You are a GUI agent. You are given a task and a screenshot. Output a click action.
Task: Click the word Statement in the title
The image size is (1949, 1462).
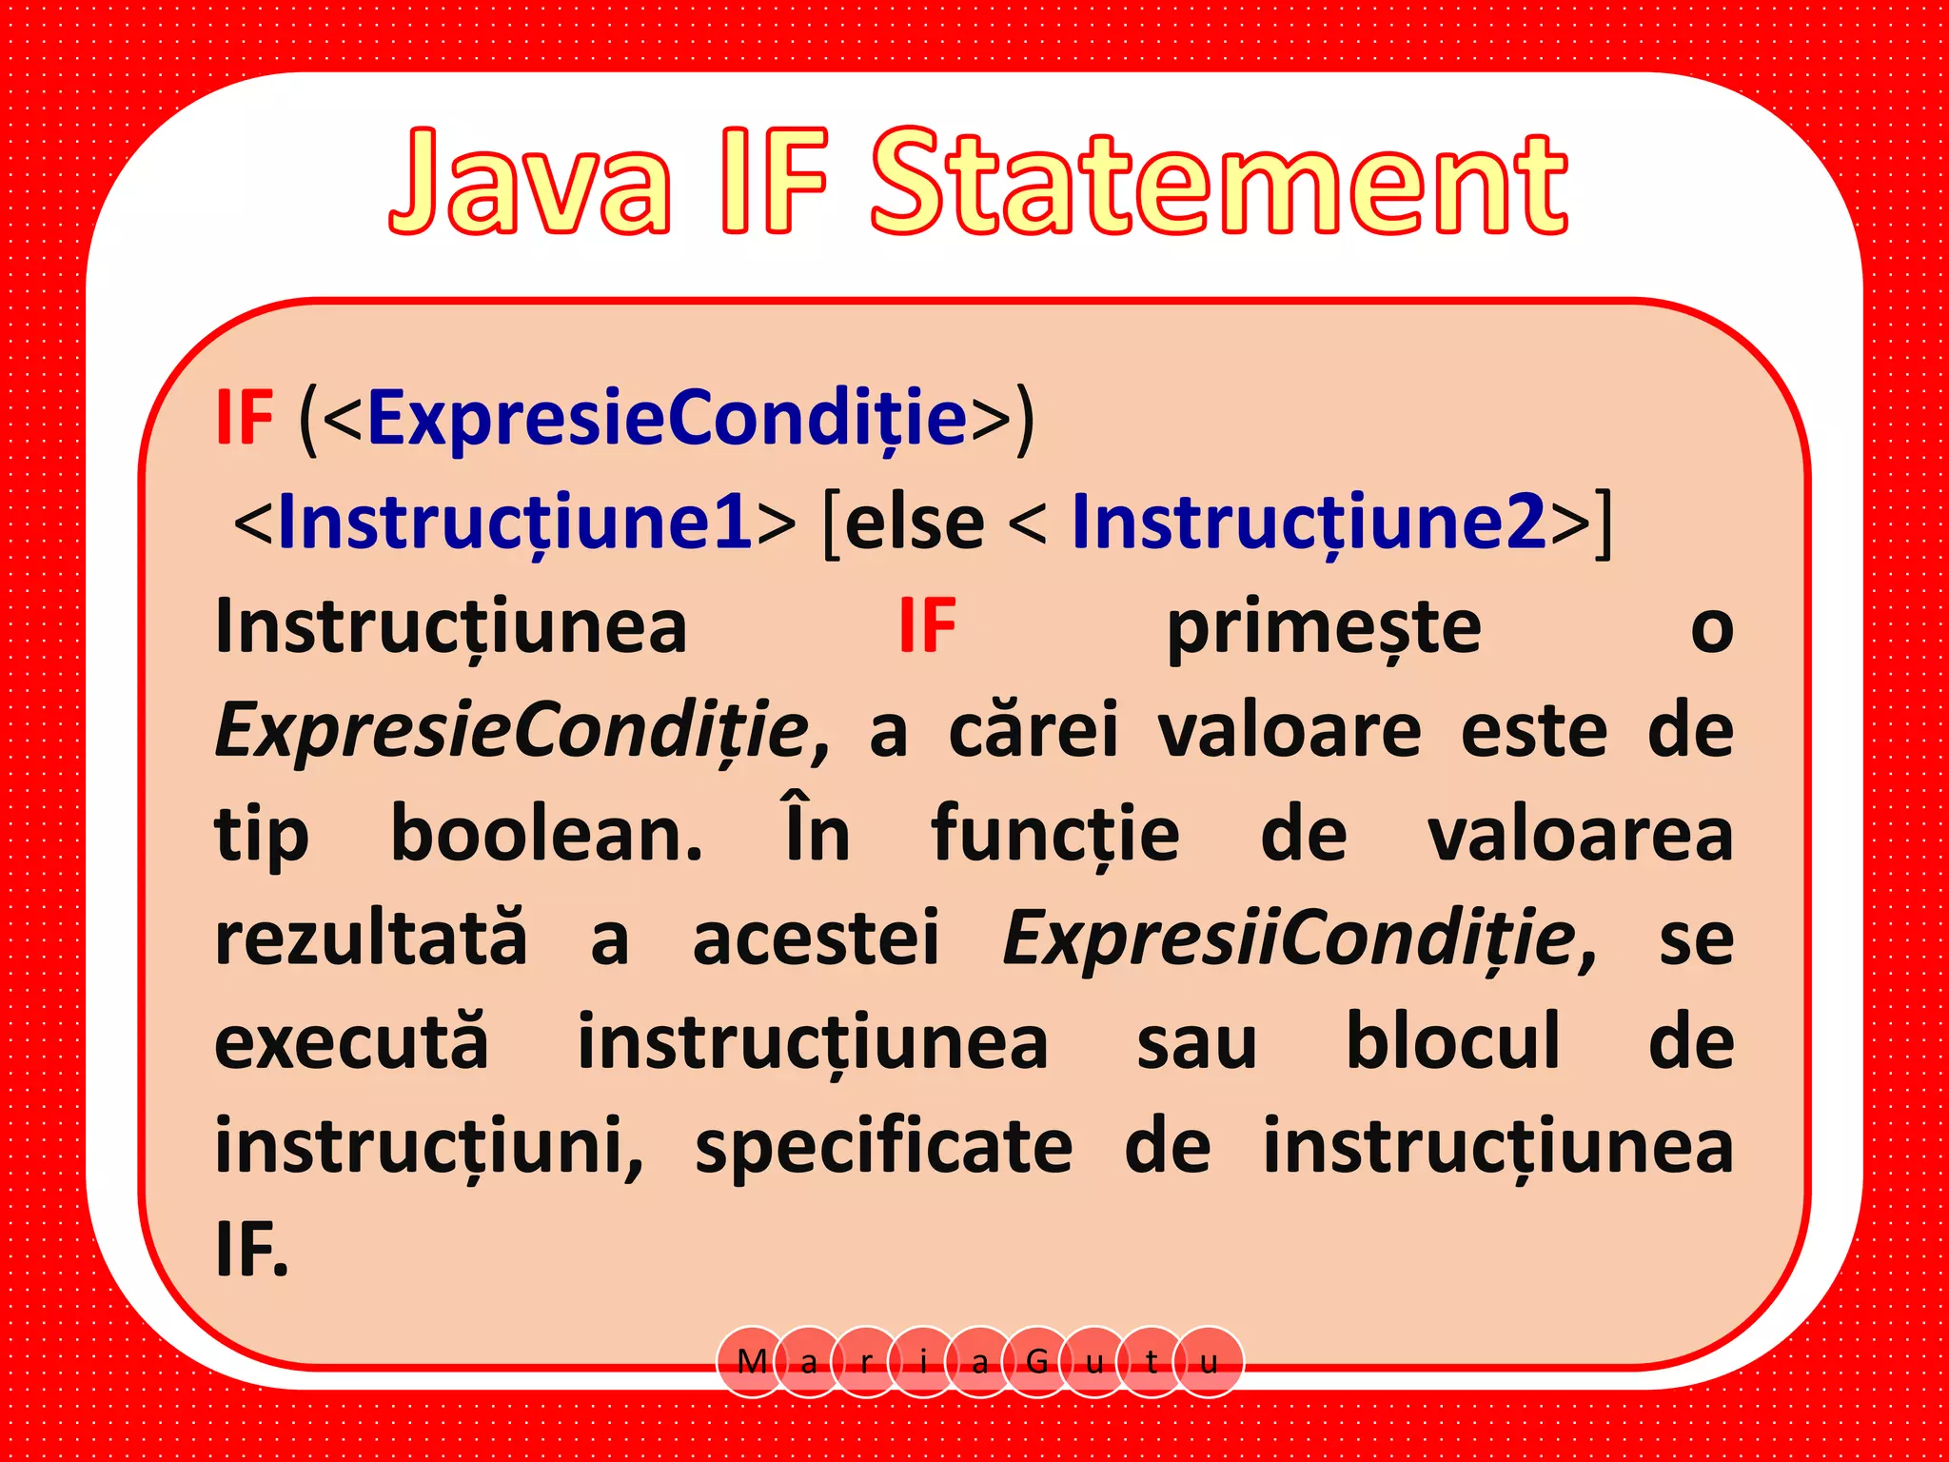click(1219, 183)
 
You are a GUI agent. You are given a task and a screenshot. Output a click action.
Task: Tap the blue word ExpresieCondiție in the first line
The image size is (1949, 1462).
click(667, 418)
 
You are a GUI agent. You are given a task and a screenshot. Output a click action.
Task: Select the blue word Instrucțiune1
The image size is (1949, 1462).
click(515, 523)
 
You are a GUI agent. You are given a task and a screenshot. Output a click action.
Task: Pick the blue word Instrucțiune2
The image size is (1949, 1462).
click(1309, 523)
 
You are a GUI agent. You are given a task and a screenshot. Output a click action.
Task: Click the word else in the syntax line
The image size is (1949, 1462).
click(915, 524)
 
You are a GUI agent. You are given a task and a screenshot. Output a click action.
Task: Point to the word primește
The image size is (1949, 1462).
click(1324, 627)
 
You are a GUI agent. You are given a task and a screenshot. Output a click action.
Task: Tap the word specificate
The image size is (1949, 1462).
click(884, 1147)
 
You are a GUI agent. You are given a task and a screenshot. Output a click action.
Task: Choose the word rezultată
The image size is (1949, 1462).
click(371, 938)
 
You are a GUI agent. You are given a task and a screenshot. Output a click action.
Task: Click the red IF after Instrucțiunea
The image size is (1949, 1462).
click(928, 627)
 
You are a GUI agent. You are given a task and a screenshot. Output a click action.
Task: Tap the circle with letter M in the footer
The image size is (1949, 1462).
click(752, 1362)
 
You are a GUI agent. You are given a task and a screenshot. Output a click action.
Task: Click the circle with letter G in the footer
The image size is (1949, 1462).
click(1037, 1362)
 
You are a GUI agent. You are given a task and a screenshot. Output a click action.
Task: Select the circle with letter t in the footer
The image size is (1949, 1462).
click(1152, 1362)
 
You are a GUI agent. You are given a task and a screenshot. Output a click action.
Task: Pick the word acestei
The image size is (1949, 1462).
click(816, 938)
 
